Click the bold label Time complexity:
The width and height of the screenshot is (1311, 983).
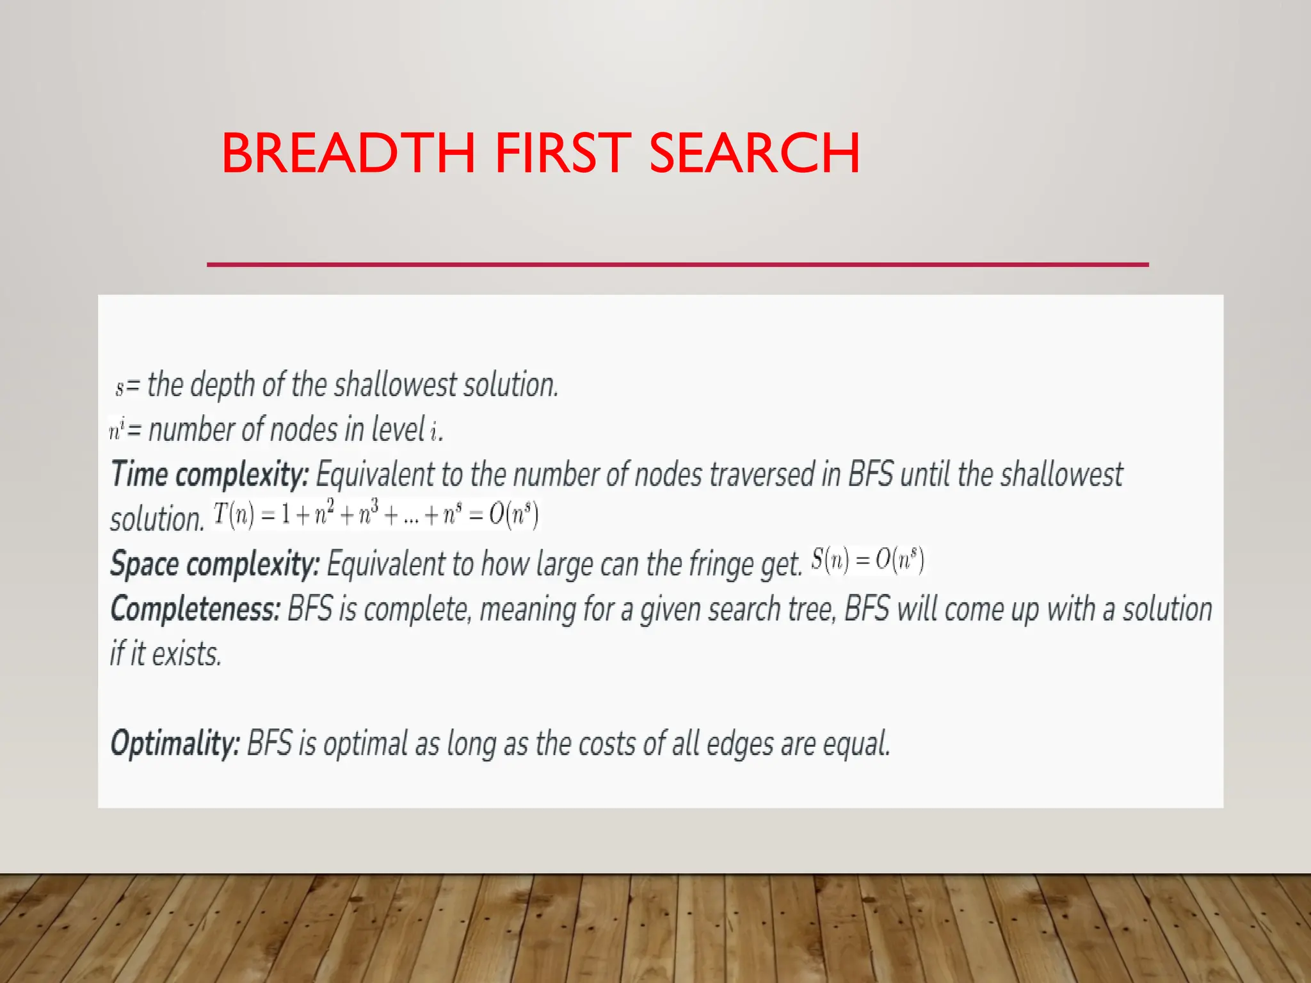(210, 475)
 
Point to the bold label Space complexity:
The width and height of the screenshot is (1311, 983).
(215, 564)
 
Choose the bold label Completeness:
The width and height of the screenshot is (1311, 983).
(196, 609)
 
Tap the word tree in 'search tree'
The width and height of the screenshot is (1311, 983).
(811, 609)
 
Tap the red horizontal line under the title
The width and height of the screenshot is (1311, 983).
(677, 264)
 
